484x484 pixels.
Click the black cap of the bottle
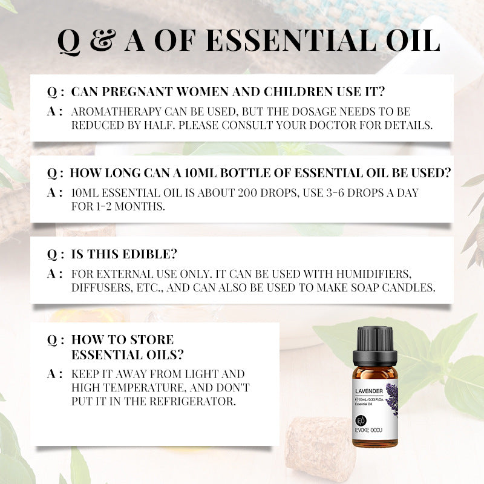click(x=374, y=341)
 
